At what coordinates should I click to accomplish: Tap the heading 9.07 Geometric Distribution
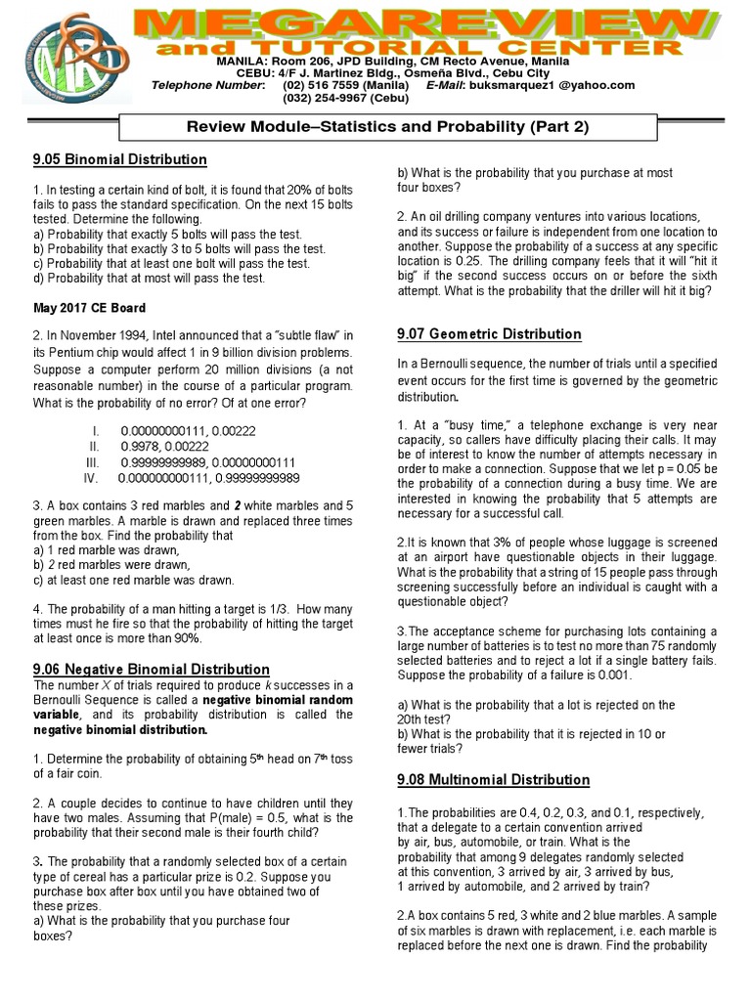[489, 334]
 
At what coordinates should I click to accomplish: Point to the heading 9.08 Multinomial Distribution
[493, 780]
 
